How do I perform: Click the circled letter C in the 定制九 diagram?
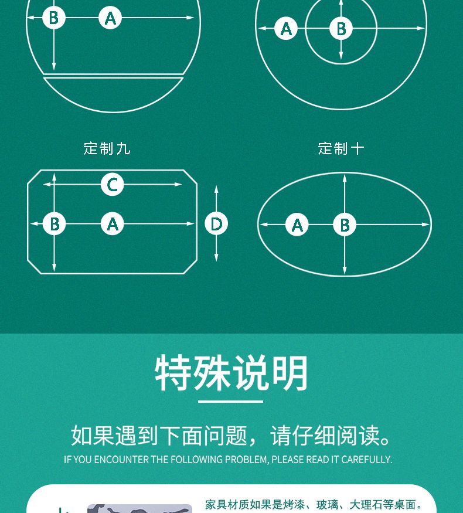click(112, 185)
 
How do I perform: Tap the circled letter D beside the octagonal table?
click(216, 224)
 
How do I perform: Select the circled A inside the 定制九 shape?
click(112, 224)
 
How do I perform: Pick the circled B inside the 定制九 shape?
click(55, 224)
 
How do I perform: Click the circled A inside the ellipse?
click(297, 225)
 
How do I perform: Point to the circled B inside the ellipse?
click(345, 225)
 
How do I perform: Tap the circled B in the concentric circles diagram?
click(341, 29)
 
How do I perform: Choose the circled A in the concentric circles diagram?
click(286, 29)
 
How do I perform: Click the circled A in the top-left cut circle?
click(110, 18)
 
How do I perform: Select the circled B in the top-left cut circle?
click(54, 18)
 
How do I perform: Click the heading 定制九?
click(107, 148)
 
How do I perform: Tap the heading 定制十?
click(341, 148)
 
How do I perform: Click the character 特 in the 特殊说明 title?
click(173, 373)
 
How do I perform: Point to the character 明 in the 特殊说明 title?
click(290, 373)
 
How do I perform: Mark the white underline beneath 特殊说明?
click(230, 401)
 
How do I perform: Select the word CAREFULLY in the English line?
click(366, 460)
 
